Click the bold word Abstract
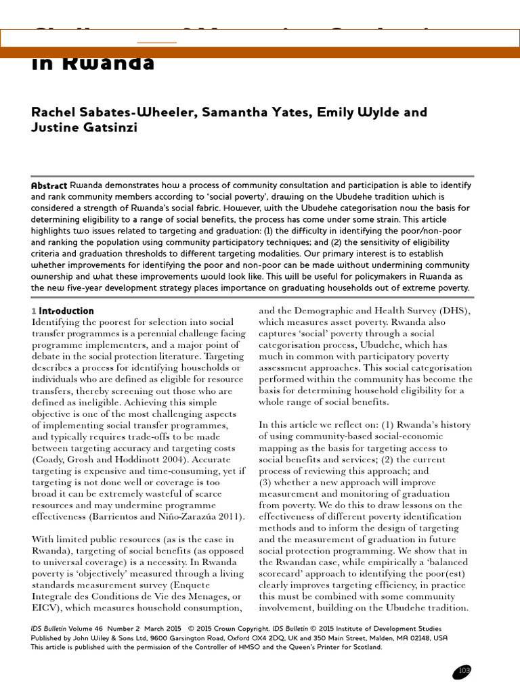(49, 185)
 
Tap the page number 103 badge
(463, 671)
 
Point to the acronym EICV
(45, 608)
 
